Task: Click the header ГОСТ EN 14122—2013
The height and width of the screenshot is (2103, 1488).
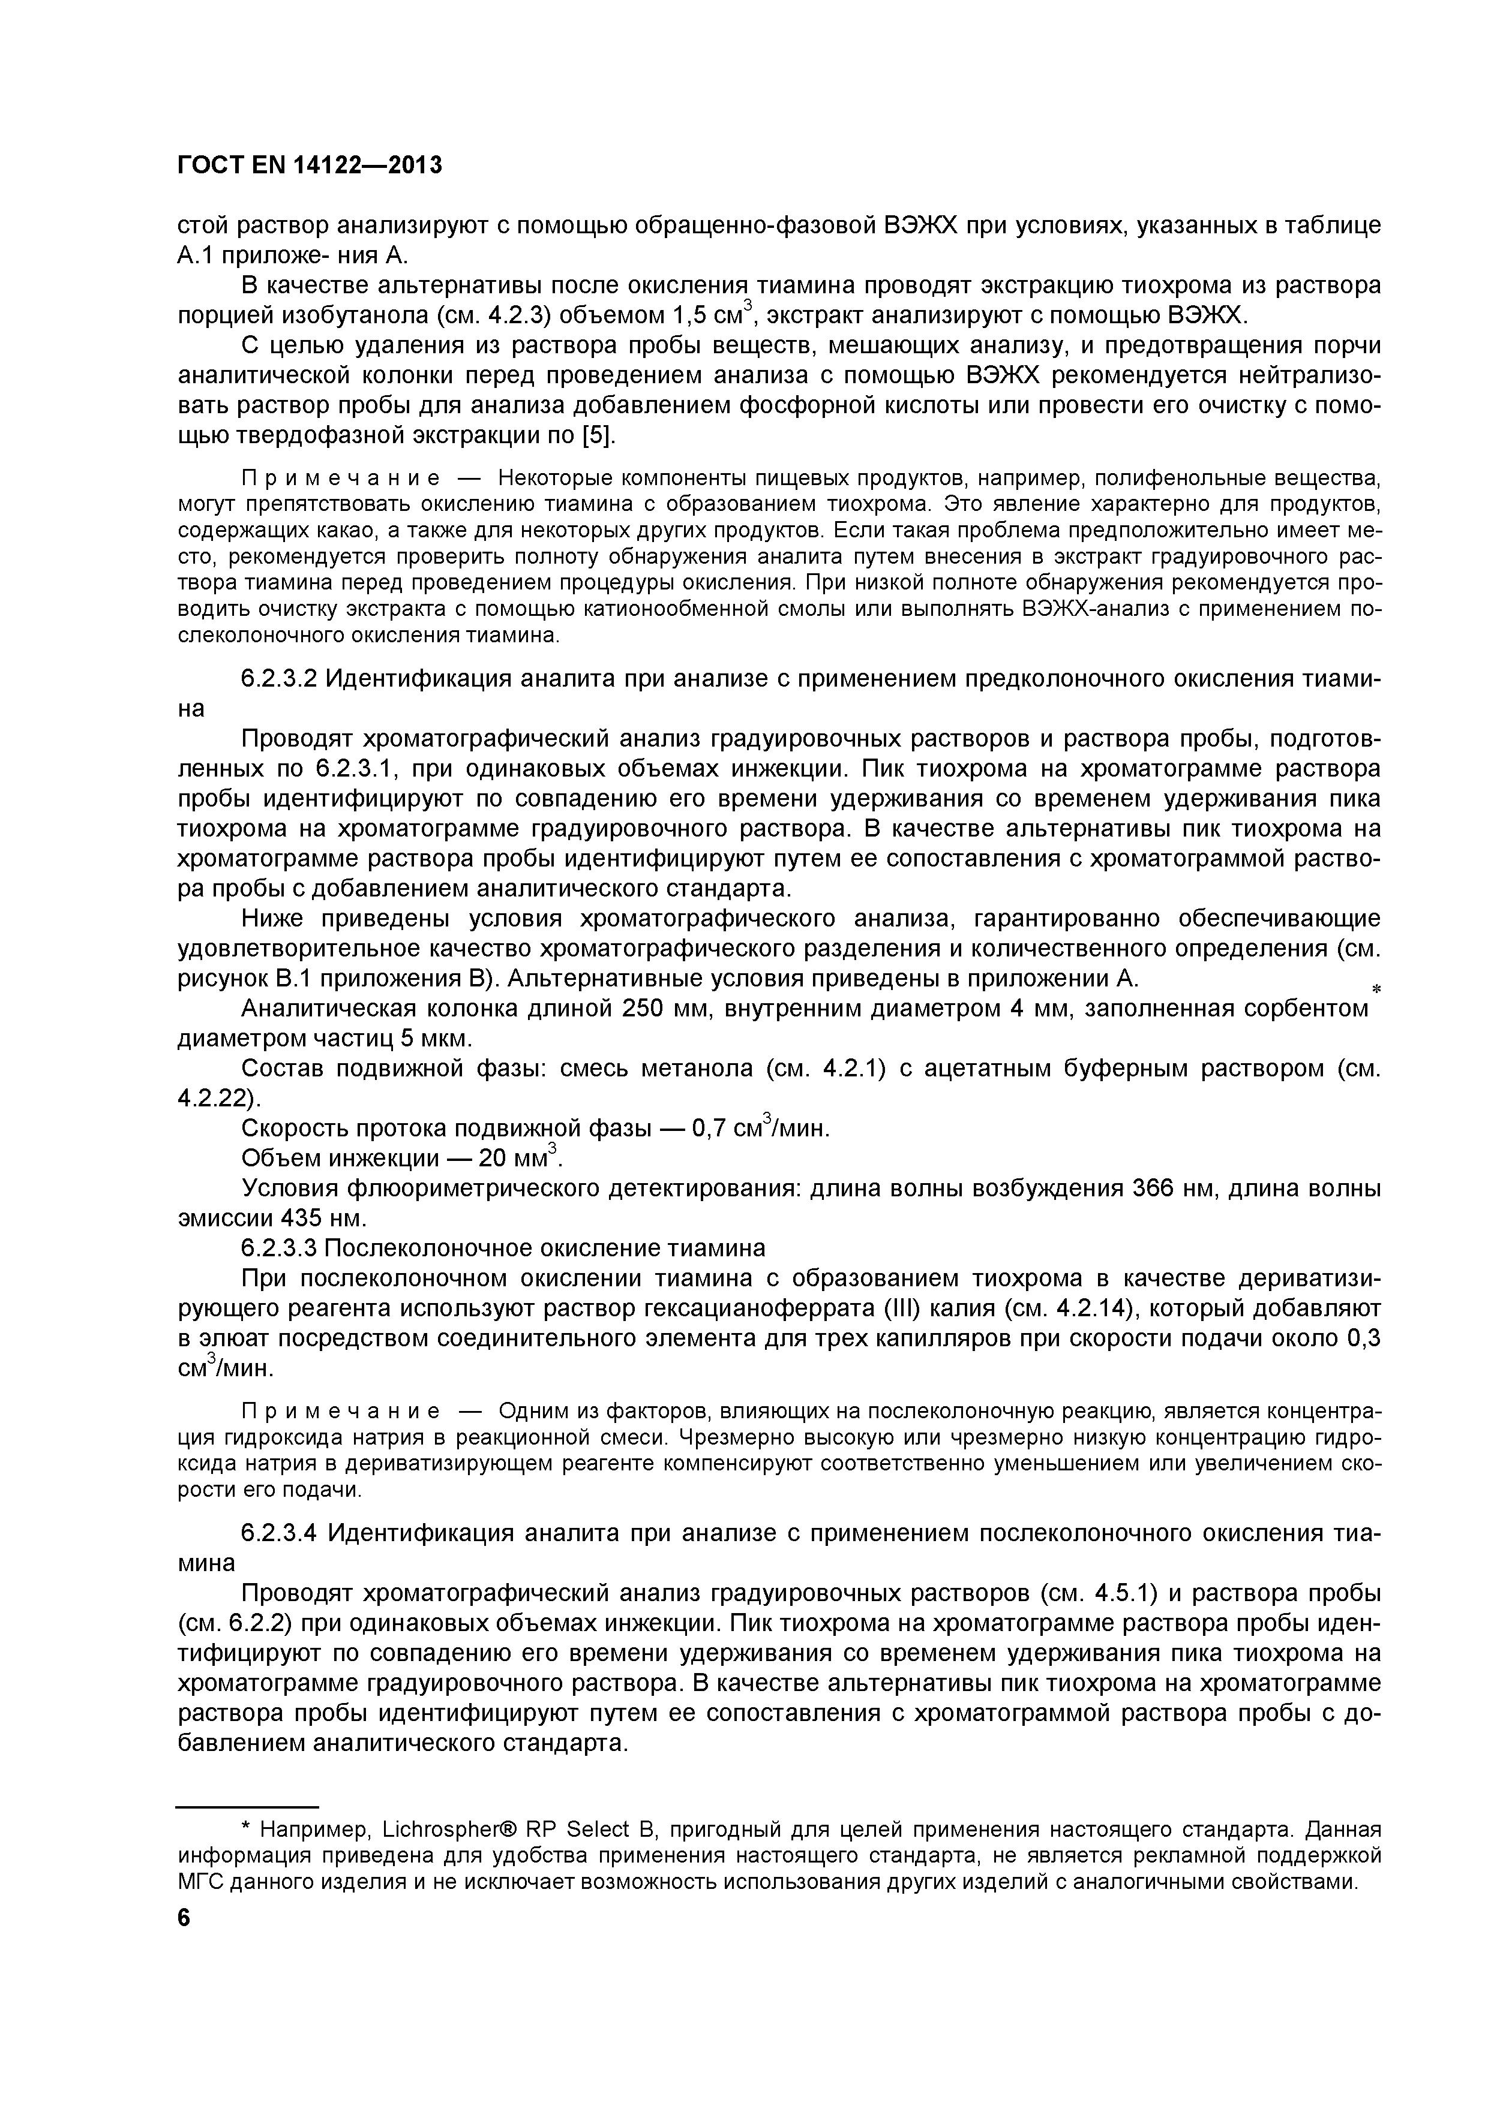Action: click(309, 165)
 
